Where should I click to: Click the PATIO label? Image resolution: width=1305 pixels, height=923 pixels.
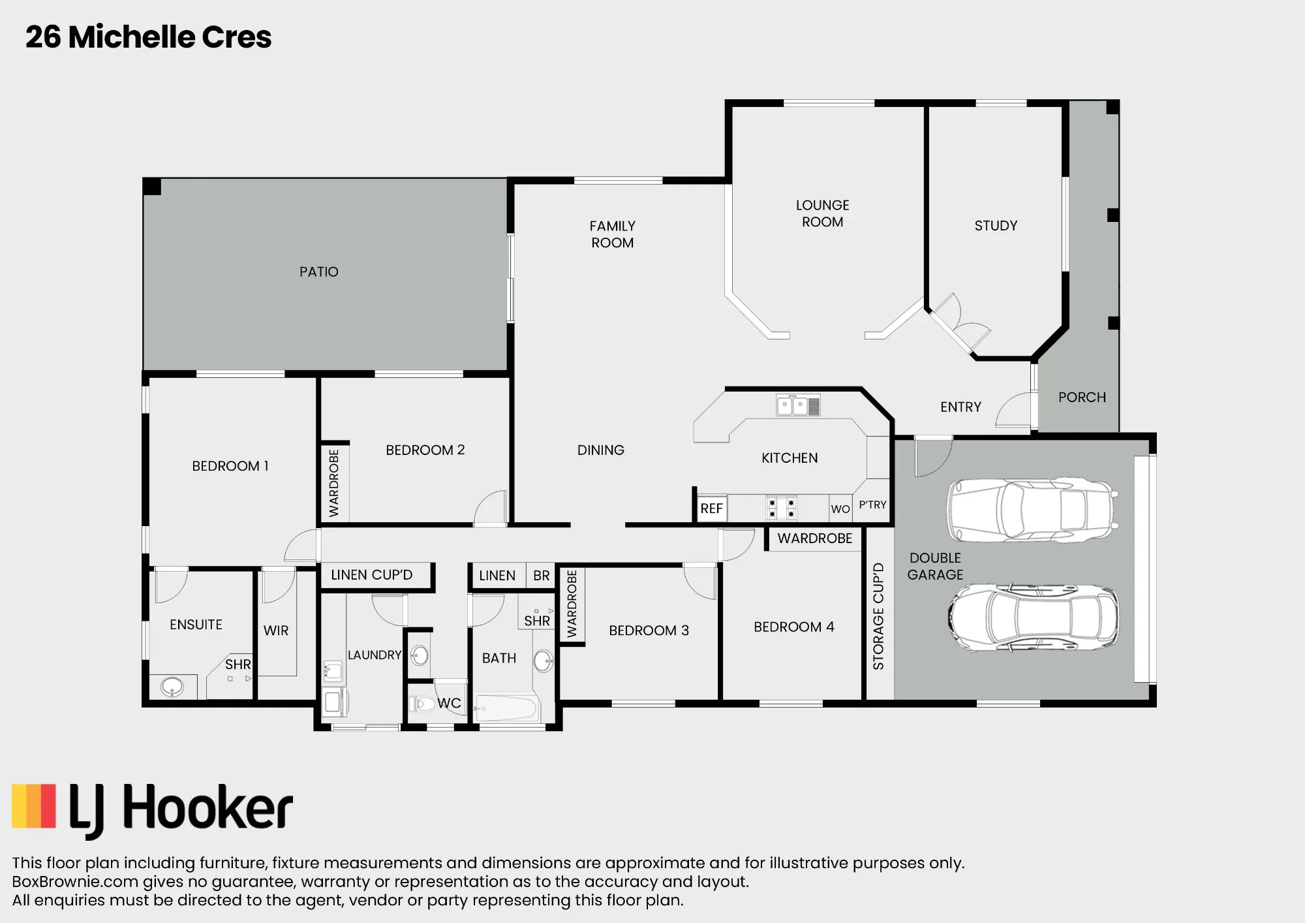[319, 272]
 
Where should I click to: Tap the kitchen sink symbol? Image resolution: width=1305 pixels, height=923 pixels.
[798, 405]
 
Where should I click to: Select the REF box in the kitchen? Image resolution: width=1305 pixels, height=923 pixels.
[711, 508]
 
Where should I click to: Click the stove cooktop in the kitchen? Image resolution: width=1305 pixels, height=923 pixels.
[781, 508]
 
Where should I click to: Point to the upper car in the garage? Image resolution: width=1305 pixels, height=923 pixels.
[1033, 510]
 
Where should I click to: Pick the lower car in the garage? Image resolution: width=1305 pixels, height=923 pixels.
[1033, 618]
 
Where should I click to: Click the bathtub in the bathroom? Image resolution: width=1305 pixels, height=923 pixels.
[508, 708]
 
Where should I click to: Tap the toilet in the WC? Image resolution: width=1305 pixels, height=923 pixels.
[422, 704]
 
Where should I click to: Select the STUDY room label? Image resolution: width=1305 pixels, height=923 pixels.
[996, 226]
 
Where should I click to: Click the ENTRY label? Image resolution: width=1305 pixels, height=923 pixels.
[960, 407]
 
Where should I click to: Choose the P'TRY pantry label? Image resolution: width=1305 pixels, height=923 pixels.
[872, 505]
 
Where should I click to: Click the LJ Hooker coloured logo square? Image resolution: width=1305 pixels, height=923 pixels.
[34, 806]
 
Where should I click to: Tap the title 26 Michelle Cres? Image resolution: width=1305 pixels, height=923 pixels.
[148, 37]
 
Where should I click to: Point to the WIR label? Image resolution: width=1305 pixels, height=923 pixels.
[276, 631]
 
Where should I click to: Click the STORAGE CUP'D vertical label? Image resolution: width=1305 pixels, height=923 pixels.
[878, 616]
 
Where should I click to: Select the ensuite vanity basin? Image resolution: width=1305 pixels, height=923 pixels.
[172, 687]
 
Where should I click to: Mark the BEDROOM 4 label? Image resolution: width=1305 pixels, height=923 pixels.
[794, 627]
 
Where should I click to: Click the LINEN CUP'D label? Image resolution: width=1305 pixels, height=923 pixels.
[371, 575]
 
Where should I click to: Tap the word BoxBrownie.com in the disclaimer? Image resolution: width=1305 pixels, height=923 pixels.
[75, 882]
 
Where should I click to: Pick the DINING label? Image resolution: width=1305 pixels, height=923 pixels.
[601, 450]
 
